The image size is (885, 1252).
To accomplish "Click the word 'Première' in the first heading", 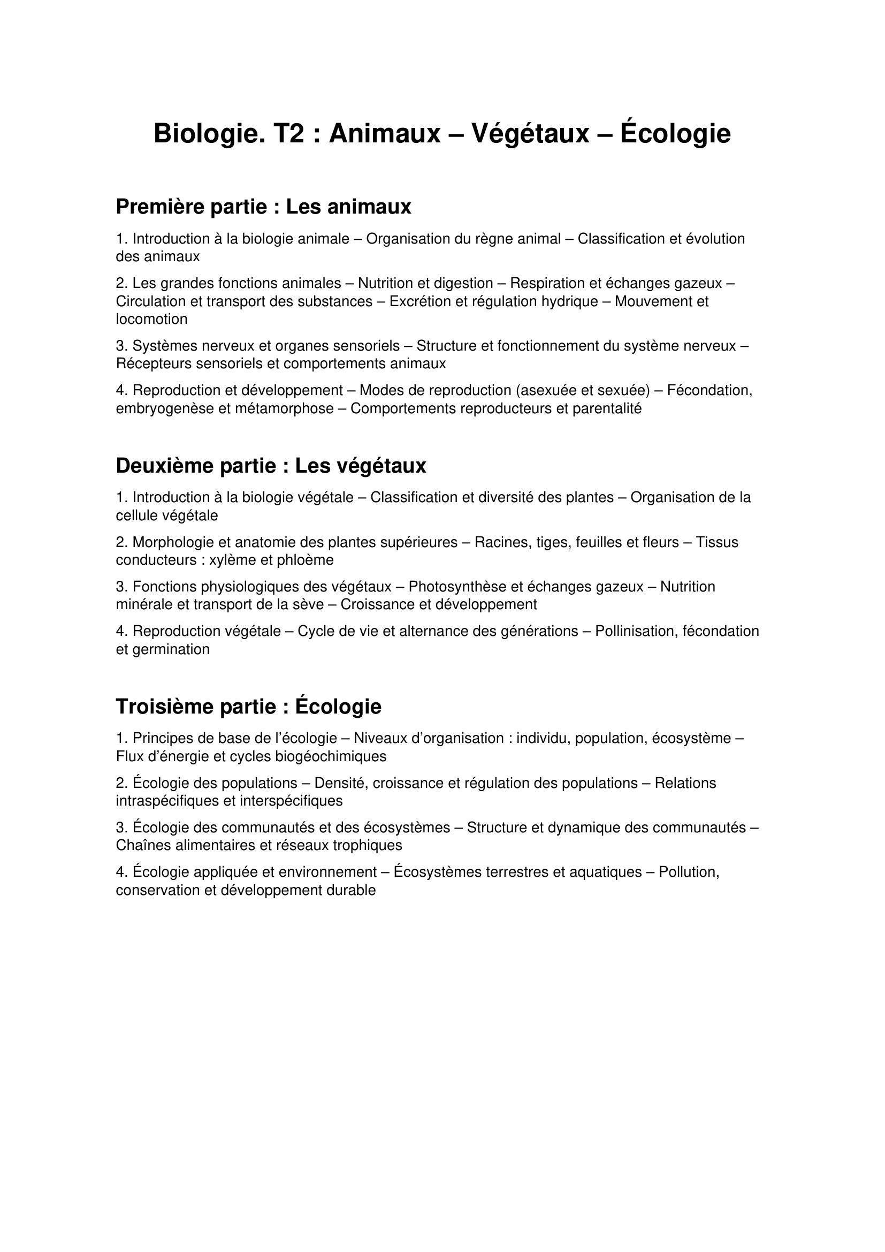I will coord(160,207).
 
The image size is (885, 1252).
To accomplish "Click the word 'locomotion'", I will coord(151,319).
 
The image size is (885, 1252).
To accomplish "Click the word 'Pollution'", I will coord(689,872).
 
